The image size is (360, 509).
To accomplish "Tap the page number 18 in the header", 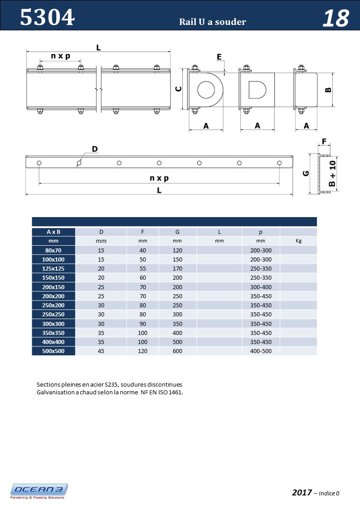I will pos(336,19).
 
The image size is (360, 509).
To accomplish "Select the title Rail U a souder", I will pos(213,22).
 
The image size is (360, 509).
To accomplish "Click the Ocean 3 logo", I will pos(39,491).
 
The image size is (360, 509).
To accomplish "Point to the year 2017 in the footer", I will pos(302,493).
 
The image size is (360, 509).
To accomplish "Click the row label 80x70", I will pos(54,250).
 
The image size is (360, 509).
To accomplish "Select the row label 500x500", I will pos(54,351).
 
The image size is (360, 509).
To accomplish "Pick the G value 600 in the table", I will pos(177,351).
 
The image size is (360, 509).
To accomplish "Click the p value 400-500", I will pos(261,351).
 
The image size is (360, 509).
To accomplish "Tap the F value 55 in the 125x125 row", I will pos(142,268).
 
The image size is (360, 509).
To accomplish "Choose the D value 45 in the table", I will pos(101,351).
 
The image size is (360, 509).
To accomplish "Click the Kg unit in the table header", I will pos(298,241).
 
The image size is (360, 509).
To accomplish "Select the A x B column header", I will pos(54,232).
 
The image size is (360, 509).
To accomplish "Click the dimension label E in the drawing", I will pos(219,57).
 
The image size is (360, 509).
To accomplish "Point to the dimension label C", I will pos(179,89).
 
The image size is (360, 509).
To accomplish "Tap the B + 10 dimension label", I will pos(332,174).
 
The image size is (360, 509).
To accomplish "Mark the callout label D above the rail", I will pos(95,149).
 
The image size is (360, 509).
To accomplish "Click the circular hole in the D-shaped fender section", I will pos(206,89).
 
